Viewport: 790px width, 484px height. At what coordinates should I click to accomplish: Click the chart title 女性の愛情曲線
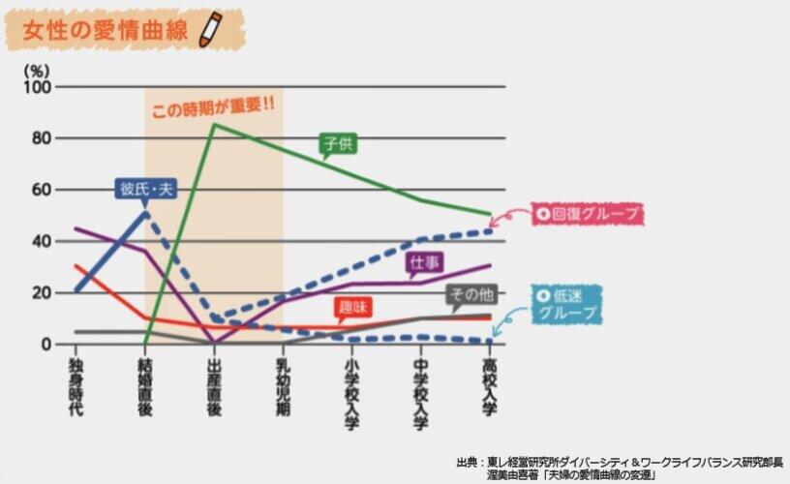point(106,28)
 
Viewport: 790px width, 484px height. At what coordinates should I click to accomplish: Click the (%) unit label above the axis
point(35,70)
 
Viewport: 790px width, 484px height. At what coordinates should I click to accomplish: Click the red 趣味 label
point(352,309)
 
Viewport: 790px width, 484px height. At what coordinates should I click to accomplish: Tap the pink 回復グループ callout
point(583,215)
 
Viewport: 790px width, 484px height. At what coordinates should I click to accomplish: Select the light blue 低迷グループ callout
point(567,303)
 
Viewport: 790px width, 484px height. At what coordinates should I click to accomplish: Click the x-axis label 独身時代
point(76,387)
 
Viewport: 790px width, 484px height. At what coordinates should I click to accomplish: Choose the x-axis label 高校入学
point(490,387)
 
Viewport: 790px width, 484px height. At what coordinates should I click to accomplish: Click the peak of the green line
point(214,125)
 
